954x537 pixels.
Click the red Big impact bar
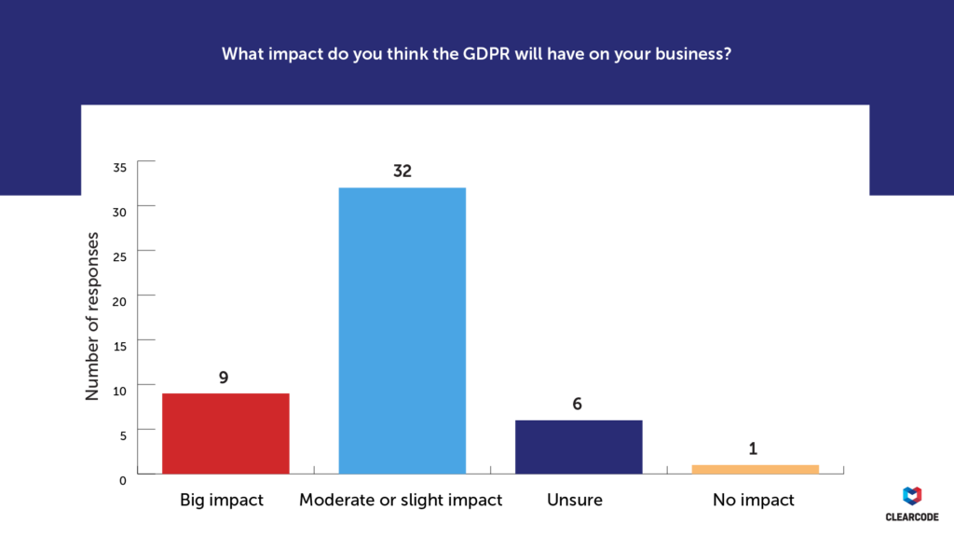click(225, 434)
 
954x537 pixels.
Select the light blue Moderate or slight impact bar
click(402, 331)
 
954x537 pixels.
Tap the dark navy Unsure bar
click(579, 447)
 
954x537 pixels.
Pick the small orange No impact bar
click(755, 469)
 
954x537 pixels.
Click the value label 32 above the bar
click(402, 172)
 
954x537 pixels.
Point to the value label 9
click(225, 378)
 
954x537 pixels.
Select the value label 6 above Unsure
click(579, 405)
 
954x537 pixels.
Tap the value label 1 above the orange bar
click(754, 449)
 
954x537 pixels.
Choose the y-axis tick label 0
click(123, 479)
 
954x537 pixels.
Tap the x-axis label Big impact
click(222, 501)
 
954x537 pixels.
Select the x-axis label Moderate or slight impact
click(401, 501)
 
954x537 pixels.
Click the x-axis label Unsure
click(575, 501)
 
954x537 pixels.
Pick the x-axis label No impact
click(754, 501)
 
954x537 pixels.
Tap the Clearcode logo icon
click(913, 497)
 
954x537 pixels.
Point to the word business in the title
click(692, 54)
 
